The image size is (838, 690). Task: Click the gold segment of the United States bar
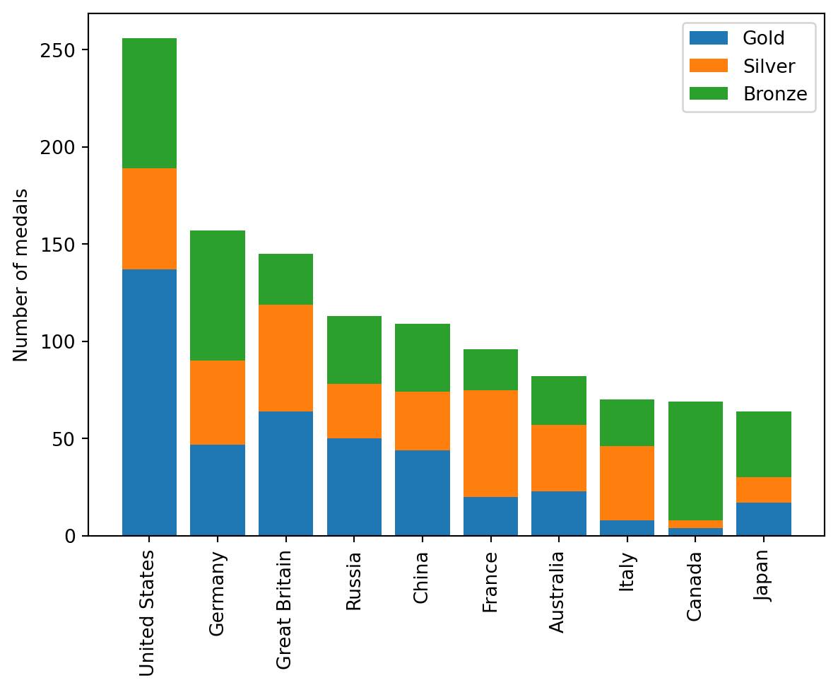click(149, 402)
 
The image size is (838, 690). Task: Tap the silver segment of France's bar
click(490, 443)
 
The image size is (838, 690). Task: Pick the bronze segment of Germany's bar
click(218, 296)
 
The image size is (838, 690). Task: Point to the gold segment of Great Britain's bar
click(285, 473)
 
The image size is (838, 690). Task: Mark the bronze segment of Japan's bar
click(764, 444)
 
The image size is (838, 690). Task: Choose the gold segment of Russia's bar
click(354, 486)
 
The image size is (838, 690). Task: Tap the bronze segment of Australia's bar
click(559, 400)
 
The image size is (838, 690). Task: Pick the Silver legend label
click(769, 66)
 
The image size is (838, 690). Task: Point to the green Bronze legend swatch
click(708, 95)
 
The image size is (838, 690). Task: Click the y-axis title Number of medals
click(21, 274)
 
